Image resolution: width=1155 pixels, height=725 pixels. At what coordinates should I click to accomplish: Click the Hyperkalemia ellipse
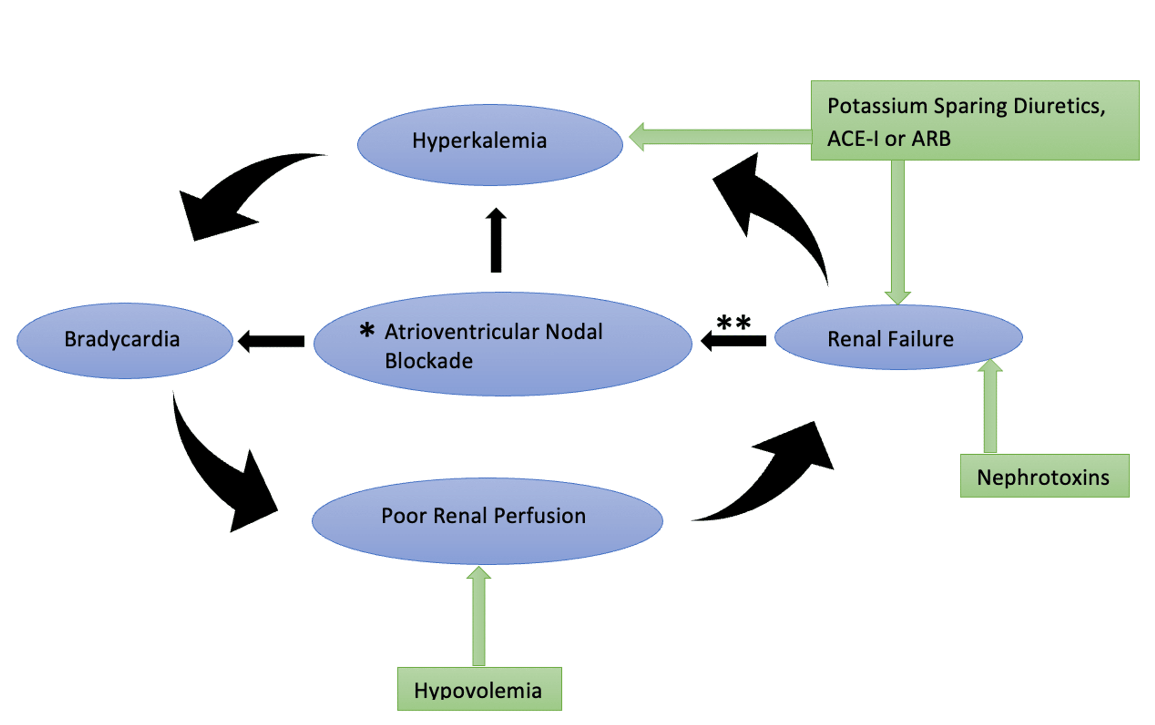pos(489,144)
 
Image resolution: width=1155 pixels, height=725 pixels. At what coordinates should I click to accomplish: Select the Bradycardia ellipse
pos(125,340)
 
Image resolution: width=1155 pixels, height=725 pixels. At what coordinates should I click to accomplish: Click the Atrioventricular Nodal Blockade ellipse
pos(502,344)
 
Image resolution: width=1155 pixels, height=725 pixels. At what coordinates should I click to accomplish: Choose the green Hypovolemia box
pos(479,688)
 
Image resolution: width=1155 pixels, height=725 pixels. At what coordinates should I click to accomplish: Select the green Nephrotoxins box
pos(1044,476)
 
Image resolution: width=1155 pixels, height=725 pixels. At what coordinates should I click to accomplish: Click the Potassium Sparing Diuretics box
pos(974,121)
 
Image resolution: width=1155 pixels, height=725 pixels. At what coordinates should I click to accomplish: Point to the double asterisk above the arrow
pos(733,322)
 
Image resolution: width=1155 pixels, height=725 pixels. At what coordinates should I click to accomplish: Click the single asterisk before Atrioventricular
pos(367,330)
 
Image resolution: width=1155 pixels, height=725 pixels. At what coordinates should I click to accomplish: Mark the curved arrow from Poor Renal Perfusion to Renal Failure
pos(777,475)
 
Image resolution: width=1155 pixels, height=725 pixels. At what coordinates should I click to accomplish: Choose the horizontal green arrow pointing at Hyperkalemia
pos(719,137)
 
